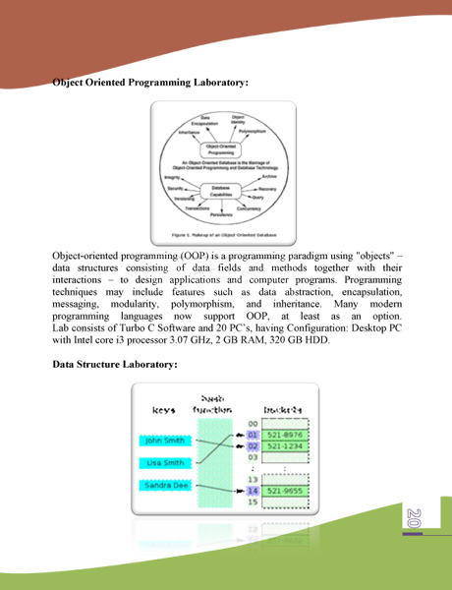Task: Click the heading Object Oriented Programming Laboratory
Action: click(148, 85)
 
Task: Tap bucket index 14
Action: click(253, 490)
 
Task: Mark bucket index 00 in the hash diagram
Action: click(253, 422)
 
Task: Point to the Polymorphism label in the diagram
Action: click(252, 131)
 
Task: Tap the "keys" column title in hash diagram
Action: click(163, 407)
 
